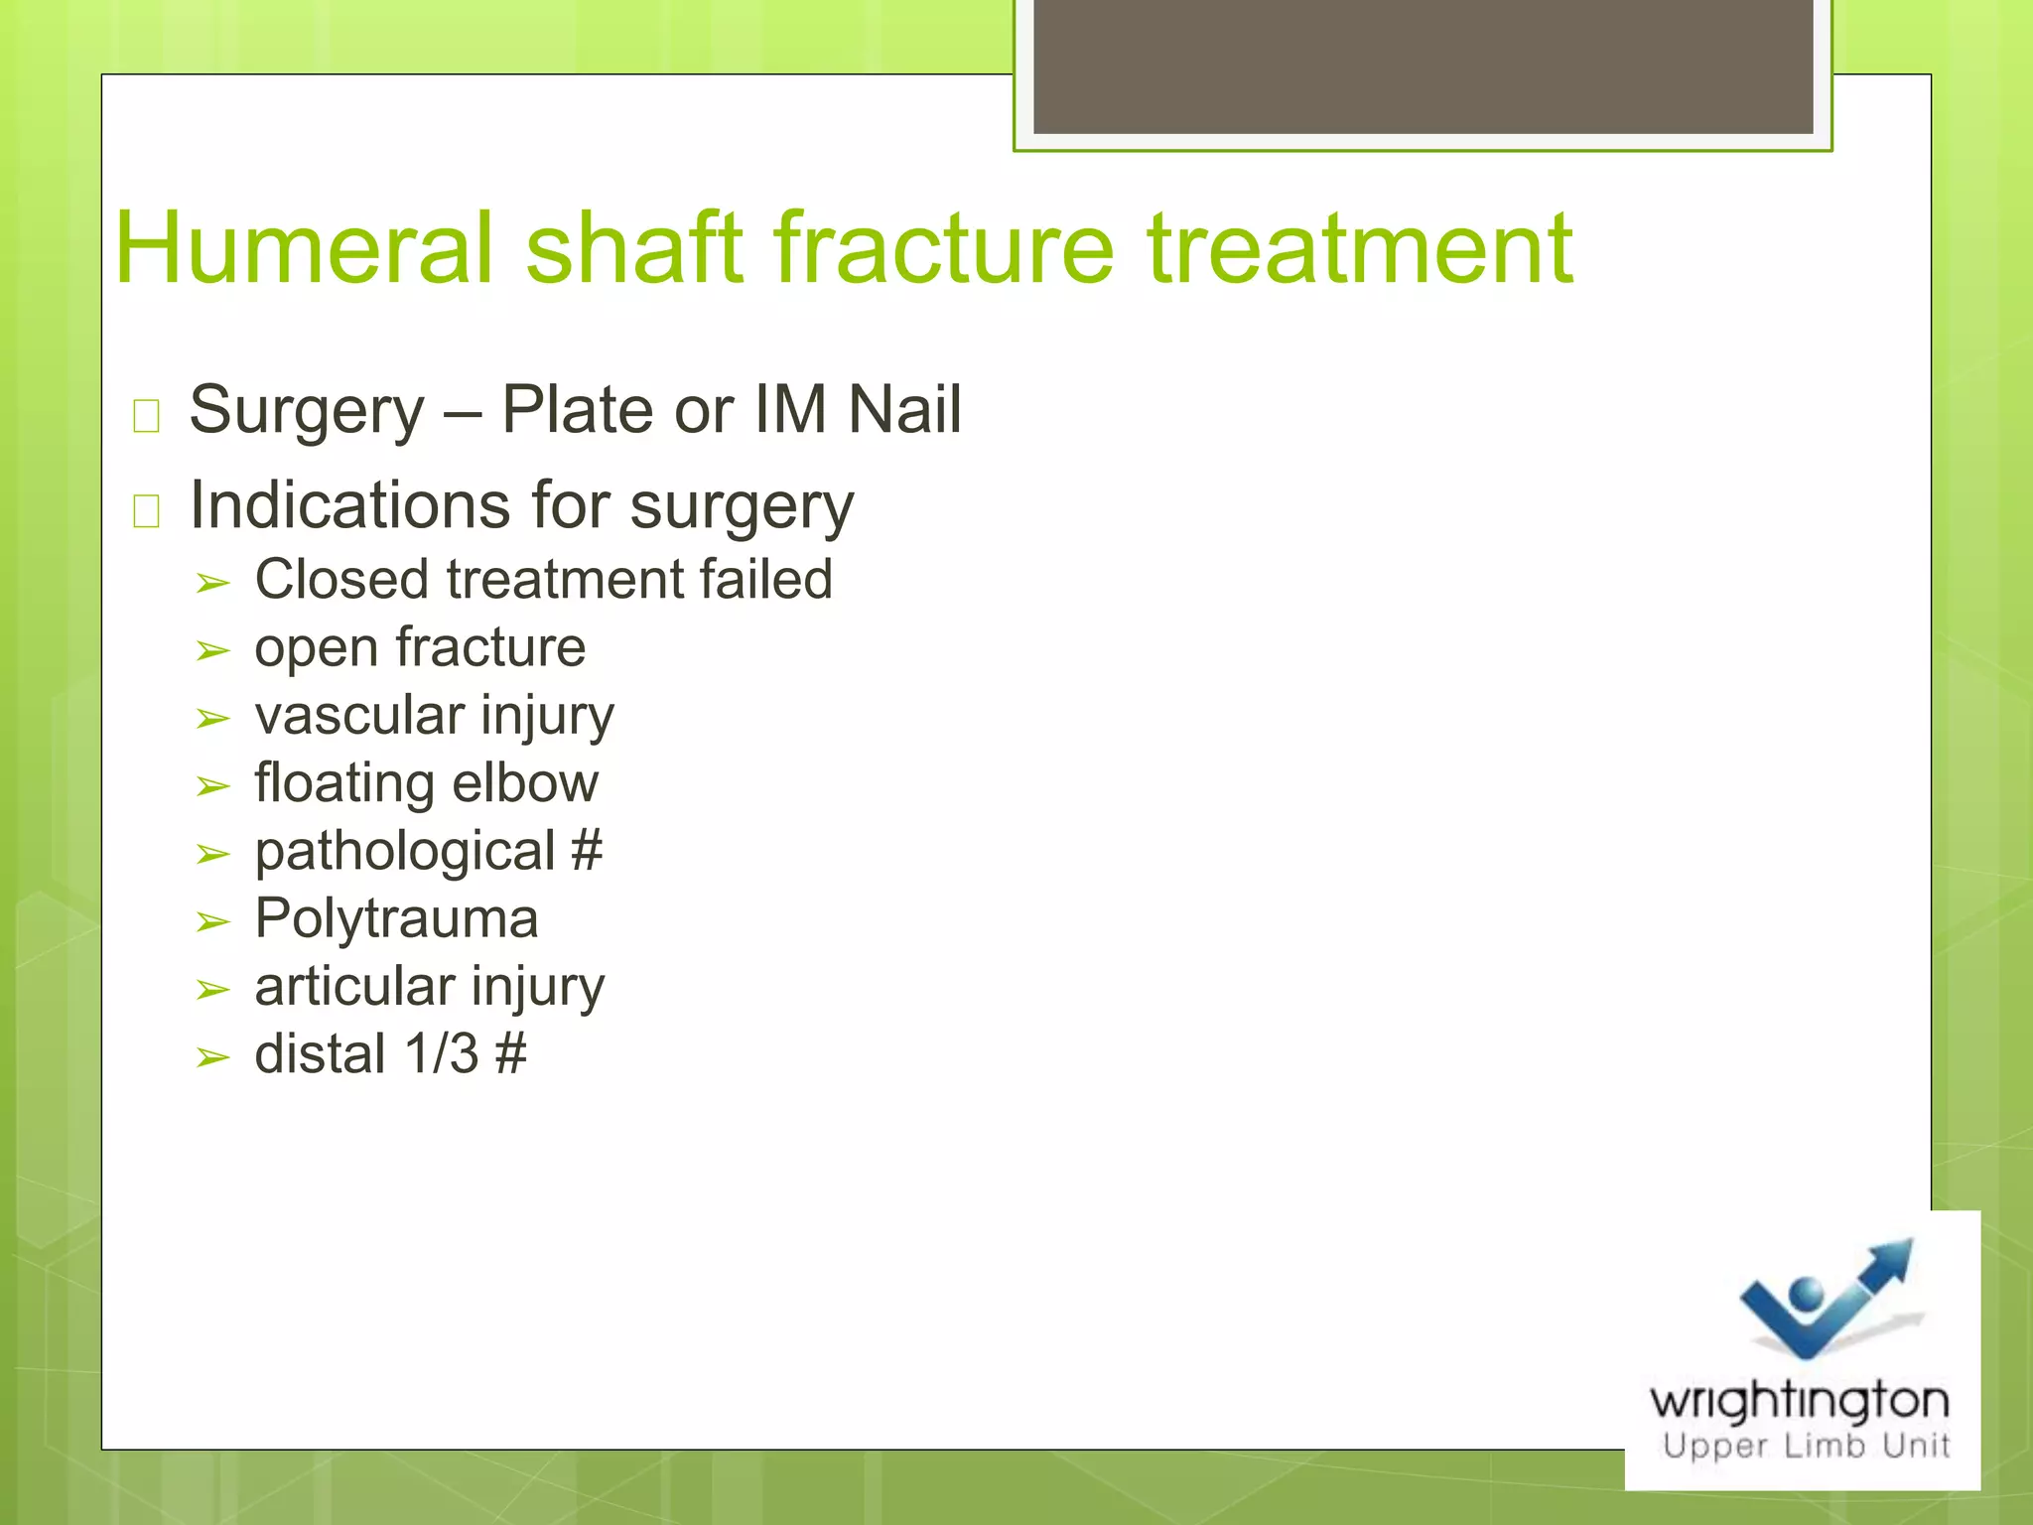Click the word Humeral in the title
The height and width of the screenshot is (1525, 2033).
304,248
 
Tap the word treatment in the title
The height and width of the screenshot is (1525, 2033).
1359,248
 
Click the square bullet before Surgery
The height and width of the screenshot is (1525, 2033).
146,415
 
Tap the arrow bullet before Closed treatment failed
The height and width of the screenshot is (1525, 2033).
212,584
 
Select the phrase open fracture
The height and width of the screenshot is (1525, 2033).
420,647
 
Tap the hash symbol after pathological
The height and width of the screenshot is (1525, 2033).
587,851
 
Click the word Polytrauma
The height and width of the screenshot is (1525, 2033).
396,918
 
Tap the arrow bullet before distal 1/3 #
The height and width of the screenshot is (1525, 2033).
212,1058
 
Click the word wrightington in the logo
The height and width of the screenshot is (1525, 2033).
1799,1401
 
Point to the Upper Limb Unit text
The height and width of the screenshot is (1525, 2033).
1806,1446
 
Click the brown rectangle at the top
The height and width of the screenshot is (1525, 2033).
1423,66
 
